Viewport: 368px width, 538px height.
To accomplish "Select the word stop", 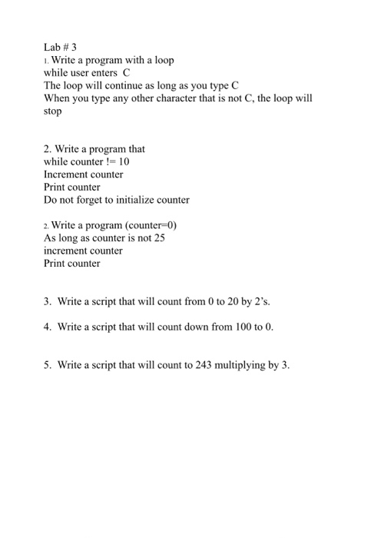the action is coord(52,111).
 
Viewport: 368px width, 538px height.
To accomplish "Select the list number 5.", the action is coord(47,364).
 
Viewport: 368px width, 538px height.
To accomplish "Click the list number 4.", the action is coord(47,327).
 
